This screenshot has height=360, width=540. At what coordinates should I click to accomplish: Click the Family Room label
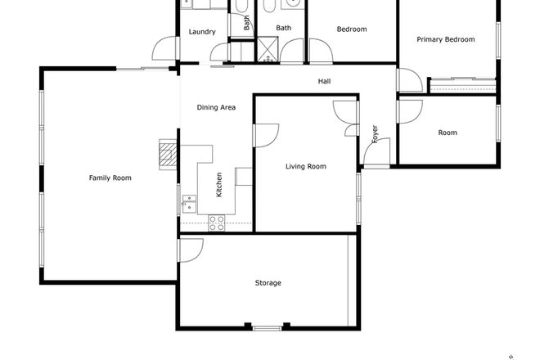[x=110, y=178]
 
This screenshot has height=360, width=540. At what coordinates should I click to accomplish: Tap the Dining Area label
[x=216, y=107]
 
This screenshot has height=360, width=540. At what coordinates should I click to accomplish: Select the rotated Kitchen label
[x=219, y=185]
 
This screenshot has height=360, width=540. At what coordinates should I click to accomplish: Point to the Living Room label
[x=305, y=167]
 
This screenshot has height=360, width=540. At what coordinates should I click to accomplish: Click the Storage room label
[x=268, y=283]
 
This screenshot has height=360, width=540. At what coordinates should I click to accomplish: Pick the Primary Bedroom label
[x=446, y=39]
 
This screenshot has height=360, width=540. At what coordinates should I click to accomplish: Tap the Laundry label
[x=201, y=32]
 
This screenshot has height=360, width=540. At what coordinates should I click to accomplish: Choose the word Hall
[x=324, y=81]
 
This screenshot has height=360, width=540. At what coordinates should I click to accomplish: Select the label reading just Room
[x=447, y=133]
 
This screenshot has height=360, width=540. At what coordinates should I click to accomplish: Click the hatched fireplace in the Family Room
[x=168, y=154]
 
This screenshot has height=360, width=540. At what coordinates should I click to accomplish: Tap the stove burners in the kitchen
[x=217, y=220]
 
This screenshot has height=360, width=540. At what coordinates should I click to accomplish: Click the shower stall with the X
[x=266, y=49]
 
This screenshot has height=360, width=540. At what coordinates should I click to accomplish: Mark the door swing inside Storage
[x=190, y=250]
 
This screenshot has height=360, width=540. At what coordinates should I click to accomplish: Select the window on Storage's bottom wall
[x=267, y=328]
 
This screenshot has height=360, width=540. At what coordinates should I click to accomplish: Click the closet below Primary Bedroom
[x=462, y=84]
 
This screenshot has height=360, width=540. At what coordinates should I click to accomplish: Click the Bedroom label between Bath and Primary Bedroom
[x=352, y=29]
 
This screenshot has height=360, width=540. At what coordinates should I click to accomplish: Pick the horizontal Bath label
[x=283, y=28]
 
